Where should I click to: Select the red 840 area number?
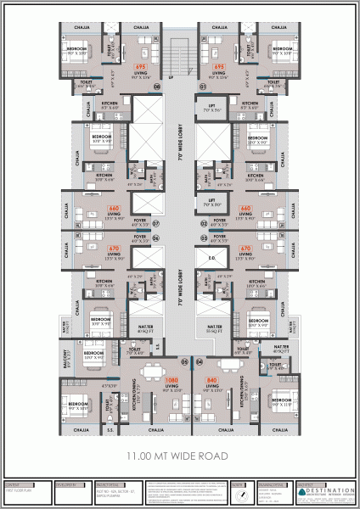pos(212,379)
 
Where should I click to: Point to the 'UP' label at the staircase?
pos(171,79)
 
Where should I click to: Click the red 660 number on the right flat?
pos(246,207)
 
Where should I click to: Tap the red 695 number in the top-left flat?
pos(141,65)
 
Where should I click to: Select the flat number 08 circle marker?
pos(156,87)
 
